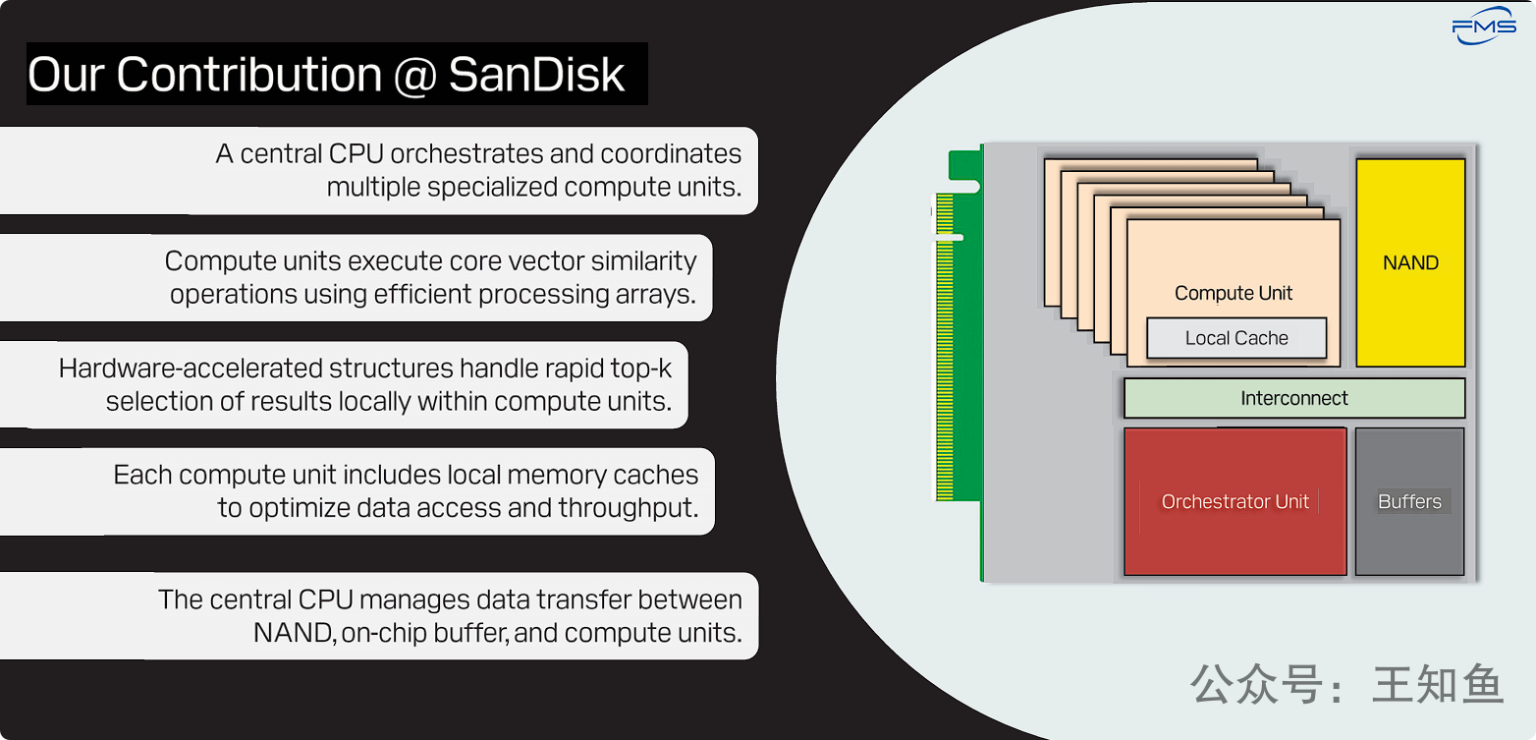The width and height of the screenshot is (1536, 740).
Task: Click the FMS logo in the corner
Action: pos(1484,28)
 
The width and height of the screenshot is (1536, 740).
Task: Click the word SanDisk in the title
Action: pos(536,75)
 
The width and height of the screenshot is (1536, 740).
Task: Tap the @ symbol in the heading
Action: pos(414,76)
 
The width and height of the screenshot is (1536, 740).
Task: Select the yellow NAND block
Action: pos(1410,262)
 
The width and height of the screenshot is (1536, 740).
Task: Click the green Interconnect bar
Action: pos(1293,398)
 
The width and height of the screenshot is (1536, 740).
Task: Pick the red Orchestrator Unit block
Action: pos(1234,501)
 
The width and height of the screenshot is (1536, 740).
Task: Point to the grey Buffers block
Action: pos(1409,501)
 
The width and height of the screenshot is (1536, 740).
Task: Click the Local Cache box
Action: pos(1236,338)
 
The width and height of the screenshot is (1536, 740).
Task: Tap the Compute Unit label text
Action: pos(1234,293)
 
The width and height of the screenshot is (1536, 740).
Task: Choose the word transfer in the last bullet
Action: pos(581,599)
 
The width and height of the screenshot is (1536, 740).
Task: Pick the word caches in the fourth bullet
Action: pos(655,476)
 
